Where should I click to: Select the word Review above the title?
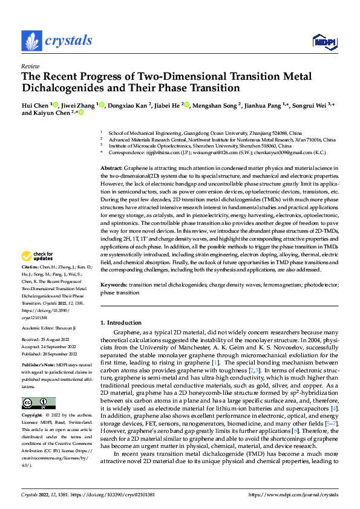30,66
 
